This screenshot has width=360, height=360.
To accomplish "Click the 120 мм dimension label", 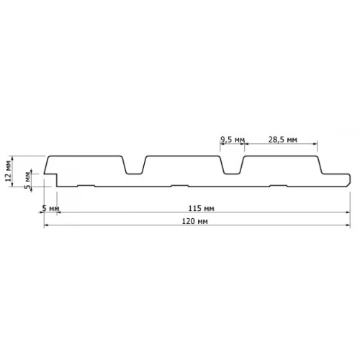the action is (194, 221).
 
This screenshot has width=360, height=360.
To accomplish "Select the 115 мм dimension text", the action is (201, 208).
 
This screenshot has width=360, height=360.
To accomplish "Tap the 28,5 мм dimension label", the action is (282, 140).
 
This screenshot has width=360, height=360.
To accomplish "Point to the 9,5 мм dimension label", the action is (233, 140).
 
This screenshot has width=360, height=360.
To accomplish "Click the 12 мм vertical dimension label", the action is (8, 171).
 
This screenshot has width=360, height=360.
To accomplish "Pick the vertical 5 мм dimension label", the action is (27, 180).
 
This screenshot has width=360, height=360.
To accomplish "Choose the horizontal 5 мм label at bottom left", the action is (50, 208).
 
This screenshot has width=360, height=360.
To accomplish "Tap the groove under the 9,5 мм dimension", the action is (232, 166).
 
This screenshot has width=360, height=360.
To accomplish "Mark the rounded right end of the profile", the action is (349, 179).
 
